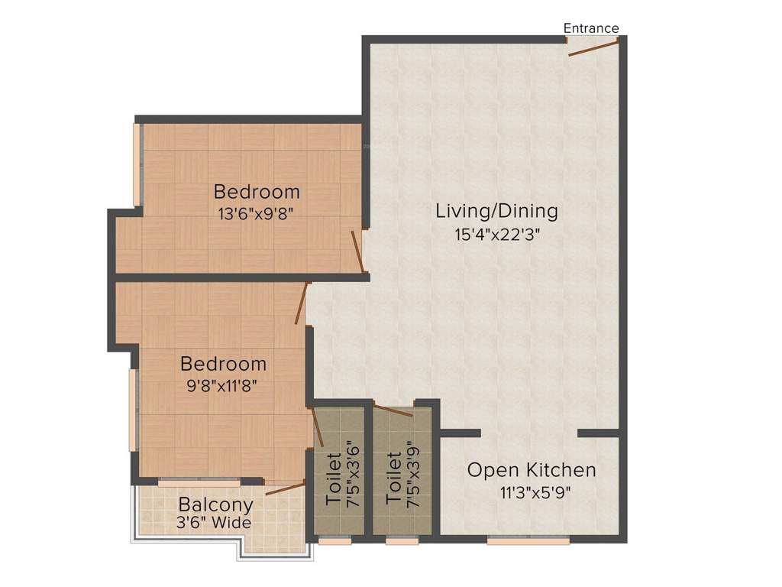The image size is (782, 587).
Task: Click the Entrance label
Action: [x=591, y=28]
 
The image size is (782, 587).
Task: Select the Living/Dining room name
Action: [x=496, y=210]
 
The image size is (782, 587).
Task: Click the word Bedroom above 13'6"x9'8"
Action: [x=257, y=191]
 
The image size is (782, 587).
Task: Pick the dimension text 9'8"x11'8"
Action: [x=223, y=386]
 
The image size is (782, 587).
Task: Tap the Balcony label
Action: [x=215, y=505]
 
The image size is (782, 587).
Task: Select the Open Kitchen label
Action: [x=532, y=469]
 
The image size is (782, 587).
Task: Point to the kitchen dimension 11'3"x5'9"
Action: [x=532, y=492]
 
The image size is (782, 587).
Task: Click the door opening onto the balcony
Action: [x=284, y=489]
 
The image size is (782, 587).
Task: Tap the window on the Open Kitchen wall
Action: [x=528, y=540]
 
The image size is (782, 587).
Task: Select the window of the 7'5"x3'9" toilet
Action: [x=396, y=540]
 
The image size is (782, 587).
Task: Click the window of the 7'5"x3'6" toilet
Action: [x=330, y=540]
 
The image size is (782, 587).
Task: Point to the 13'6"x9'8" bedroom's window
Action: [x=137, y=164]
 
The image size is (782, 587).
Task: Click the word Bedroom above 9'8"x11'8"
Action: [x=223, y=364]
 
